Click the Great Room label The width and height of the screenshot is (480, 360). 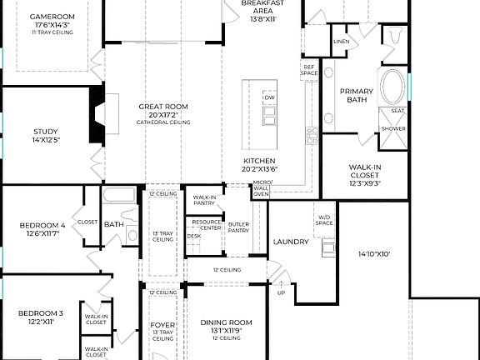click(163, 107)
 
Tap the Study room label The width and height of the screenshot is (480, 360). click(46, 131)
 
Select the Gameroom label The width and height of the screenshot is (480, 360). click(52, 17)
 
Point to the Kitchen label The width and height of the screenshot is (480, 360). click(259, 160)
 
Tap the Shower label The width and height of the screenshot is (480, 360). click(393, 129)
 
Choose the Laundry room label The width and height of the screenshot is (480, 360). click(291, 242)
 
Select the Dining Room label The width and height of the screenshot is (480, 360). click(226, 322)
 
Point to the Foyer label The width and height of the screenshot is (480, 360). click(162, 324)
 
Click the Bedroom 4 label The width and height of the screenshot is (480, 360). click(42, 225)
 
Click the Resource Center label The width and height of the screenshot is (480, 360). click(206, 224)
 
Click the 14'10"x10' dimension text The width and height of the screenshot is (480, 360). click(374, 254)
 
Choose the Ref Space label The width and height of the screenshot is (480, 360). click(309, 71)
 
